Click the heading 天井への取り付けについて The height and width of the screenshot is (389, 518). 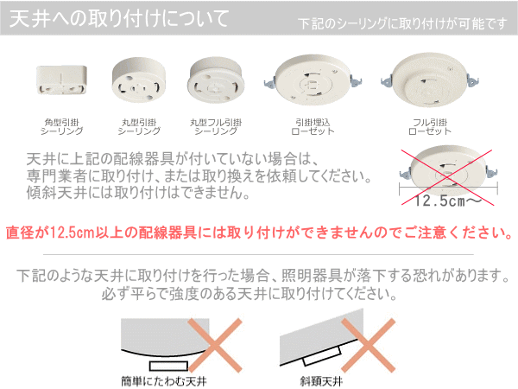click(119, 18)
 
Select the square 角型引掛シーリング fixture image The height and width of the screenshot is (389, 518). click(61, 80)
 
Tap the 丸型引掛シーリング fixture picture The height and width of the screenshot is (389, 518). click(139, 80)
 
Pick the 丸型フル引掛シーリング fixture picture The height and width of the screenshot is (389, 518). click(216, 80)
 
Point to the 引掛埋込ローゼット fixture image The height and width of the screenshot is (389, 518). click(313, 80)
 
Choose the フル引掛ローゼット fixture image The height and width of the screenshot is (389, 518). click(430, 80)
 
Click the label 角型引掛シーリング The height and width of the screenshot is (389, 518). click(62, 127)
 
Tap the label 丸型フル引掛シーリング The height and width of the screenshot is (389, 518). click(216, 127)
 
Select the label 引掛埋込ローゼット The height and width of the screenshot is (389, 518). click(313, 127)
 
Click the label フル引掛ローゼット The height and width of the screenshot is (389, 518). click(430, 127)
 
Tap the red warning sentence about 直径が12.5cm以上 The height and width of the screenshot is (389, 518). click(259, 233)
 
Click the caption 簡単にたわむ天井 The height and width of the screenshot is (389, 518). click(164, 381)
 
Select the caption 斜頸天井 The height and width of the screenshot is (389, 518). click(321, 381)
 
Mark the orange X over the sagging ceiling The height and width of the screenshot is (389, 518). click(215, 345)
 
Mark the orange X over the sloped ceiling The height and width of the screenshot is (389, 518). click(369, 345)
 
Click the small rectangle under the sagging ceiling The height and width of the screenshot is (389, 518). click(169, 366)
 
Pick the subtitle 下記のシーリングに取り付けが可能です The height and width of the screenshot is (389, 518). click(402, 24)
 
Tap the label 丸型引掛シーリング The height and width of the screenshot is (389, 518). click(139, 127)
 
